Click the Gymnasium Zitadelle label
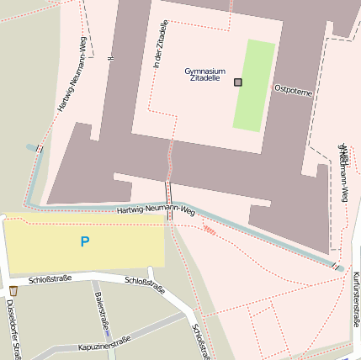[x=204, y=75]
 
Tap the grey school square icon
[x=238, y=82]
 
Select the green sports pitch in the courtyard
[x=254, y=85]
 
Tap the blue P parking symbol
[x=84, y=242]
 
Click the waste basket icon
[x=13, y=290]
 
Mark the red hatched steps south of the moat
[x=209, y=228]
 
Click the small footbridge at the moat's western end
[x=39, y=149]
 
